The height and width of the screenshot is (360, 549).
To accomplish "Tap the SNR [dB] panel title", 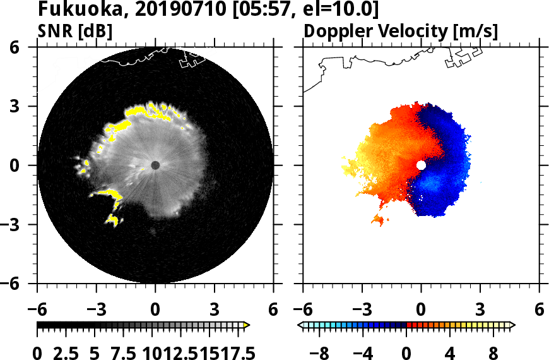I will [74, 31].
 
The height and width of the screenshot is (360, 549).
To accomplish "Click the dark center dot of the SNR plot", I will [155, 165].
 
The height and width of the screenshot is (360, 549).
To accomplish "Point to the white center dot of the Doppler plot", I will [421, 165].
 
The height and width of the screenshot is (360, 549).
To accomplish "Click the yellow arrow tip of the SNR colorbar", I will [247, 325].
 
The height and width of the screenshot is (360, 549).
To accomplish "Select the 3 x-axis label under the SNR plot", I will [215, 310].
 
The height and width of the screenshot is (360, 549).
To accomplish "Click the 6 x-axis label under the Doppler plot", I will [539, 310].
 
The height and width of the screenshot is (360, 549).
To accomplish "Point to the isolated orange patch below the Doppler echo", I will [379, 220].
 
